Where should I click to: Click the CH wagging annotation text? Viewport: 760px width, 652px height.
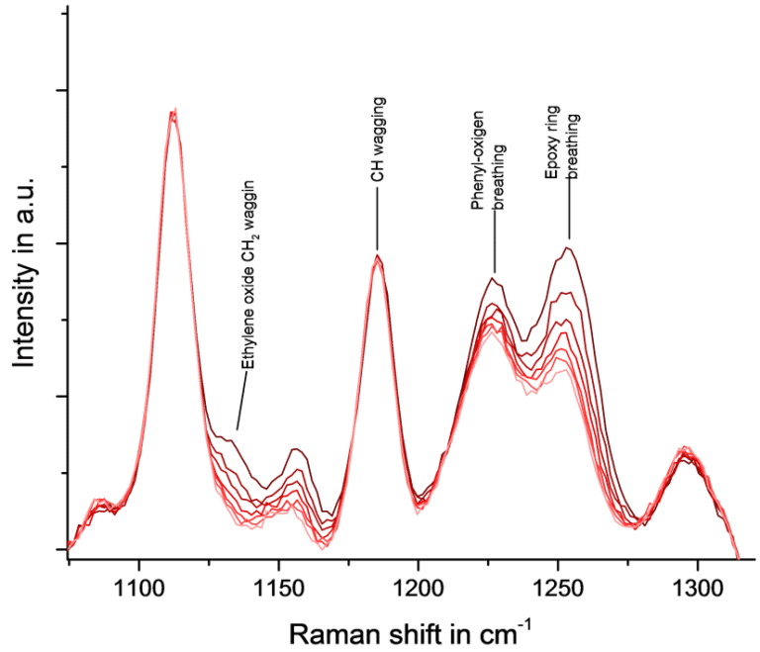click(378, 140)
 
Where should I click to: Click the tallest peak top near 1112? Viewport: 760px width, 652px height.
click(173, 112)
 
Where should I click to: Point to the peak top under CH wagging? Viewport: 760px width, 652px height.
click(377, 256)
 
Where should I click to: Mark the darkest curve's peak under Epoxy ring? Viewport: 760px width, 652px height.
click(567, 247)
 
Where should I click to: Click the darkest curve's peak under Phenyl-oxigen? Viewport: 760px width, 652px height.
click(494, 278)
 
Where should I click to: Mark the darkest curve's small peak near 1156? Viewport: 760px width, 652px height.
click(295, 449)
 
